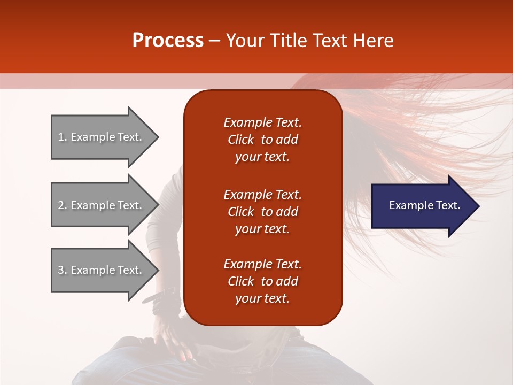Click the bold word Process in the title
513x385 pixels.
(x=168, y=41)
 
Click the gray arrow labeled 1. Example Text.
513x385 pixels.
(x=102, y=137)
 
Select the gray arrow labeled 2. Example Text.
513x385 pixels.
(x=102, y=205)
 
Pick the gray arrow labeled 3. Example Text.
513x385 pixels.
(x=102, y=270)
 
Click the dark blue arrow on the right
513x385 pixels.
(x=422, y=206)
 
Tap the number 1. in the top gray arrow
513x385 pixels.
(x=63, y=137)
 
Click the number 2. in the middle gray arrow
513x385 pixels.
(x=63, y=205)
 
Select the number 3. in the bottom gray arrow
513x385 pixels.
(x=63, y=270)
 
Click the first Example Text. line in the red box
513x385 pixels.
(x=262, y=122)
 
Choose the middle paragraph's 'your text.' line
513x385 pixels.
(x=262, y=229)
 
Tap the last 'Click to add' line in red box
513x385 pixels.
(x=262, y=281)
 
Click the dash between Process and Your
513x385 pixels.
(x=214, y=41)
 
